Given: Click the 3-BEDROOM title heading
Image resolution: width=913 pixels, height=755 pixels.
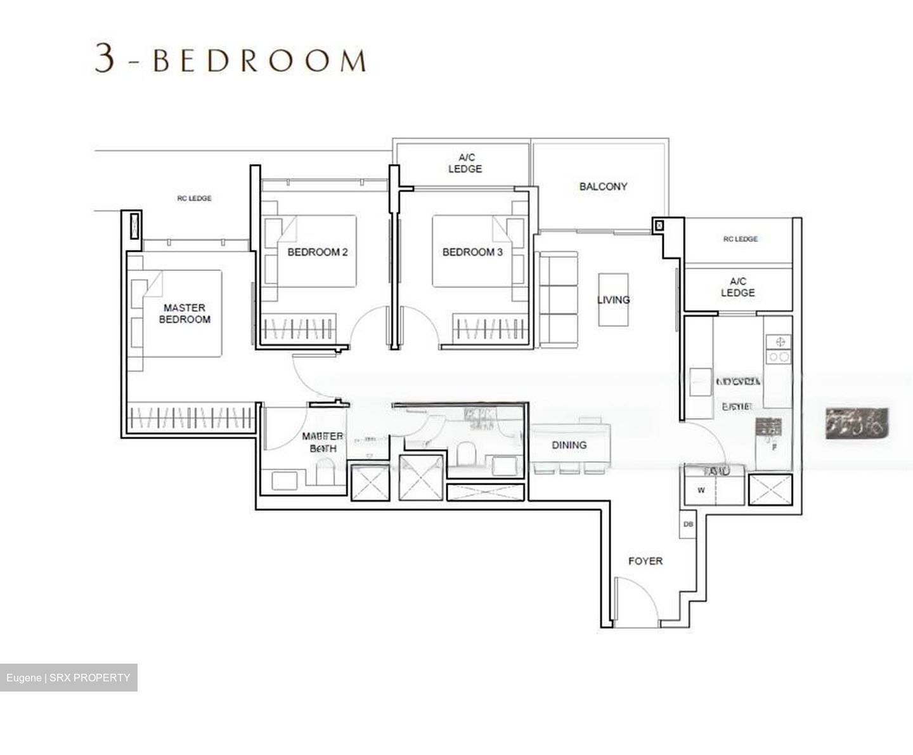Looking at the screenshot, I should pyautogui.click(x=230, y=60).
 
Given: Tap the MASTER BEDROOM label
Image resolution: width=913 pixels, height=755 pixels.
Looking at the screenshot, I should pyautogui.click(x=185, y=313).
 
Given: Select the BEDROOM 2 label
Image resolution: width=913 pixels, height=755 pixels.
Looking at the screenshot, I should pyautogui.click(x=317, y=252).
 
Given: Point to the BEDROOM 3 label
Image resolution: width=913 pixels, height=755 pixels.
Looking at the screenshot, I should pyautogui.click(x=472, y=252).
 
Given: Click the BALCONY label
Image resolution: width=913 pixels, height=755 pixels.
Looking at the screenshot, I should pyautogui.click(x=603, y=187).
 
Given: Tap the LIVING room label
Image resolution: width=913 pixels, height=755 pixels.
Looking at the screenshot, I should pyautogui.click(x=613, y=299).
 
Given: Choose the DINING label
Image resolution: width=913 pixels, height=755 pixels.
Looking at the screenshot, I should pyautogui.click(x=569, y=445).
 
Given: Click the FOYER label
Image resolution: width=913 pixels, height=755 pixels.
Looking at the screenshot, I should pyautogui.click(x=645, y=561).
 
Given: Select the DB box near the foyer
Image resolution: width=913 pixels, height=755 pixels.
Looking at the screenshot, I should pyautogui.click(x=688, y=525).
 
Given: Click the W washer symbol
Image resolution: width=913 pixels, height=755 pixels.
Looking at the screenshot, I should pyautogui.click(x=701, y=490).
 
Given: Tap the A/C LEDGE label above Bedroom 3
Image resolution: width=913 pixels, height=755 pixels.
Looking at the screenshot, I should pyautogui.click(x=465, y=163).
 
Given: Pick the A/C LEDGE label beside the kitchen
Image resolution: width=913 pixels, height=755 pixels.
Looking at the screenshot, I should pyautogui.click(x=737, y=287).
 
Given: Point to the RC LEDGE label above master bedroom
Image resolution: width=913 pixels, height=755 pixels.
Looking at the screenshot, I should pyautogui.click(x=194, y=199).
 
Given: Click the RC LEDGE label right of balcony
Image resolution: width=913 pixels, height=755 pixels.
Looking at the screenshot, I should pyautogui.click(x=740, y=239).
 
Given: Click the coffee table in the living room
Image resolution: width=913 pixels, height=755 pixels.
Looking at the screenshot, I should pyautogui.click(x=613, y=299).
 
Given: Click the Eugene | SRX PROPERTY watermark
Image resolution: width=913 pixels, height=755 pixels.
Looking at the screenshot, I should pyautogui.click(x=68, y=678).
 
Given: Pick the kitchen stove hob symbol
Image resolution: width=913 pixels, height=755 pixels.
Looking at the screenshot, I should pyautogui.click(x=778, y=350).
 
